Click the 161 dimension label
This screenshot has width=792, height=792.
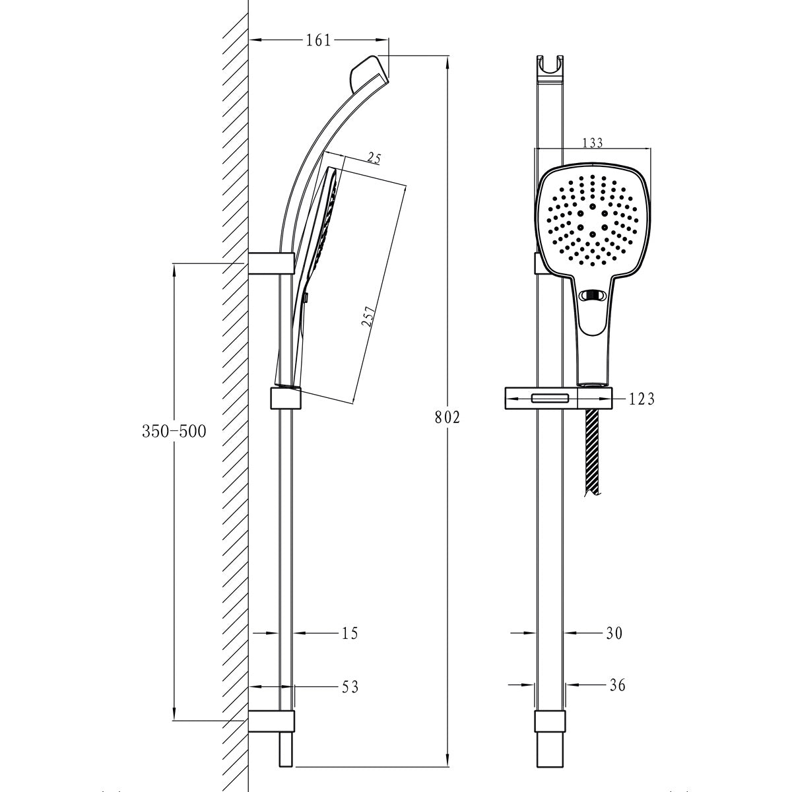point(319,40)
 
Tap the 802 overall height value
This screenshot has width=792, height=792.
point(447,418)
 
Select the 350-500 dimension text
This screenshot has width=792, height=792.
point(174,432)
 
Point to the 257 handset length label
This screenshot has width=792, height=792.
point(368,315)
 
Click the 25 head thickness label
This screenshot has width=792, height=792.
point(374,158)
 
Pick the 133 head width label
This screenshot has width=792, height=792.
point(593,143)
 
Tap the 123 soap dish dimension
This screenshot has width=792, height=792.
point(642,399)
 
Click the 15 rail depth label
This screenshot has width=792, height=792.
point(350,634)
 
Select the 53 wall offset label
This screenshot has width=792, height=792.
point(350,687)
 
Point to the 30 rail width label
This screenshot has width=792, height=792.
point(614,634)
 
